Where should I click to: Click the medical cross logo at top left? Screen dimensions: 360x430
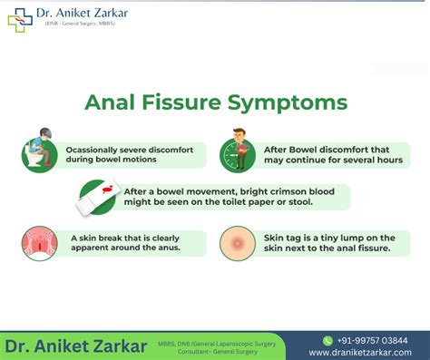(x=18, y=19)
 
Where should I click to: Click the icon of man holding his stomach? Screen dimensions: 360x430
(x=238, y=153)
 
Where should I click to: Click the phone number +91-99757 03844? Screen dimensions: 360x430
(x=374, y=340)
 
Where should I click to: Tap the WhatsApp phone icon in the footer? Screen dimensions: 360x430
(x=327, y=340)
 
